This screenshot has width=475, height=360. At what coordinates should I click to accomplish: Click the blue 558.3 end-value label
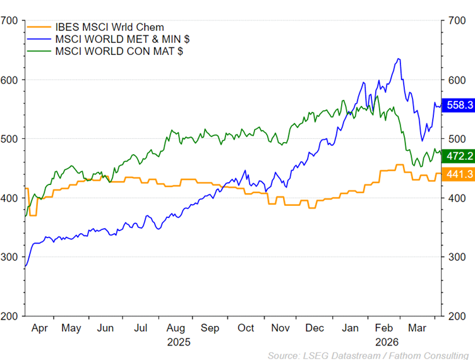459,105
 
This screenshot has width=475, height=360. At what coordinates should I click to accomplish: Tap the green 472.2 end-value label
459,156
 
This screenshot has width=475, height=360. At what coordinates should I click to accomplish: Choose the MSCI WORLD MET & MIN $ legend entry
122,39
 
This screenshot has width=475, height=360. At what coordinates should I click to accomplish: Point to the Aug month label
176,328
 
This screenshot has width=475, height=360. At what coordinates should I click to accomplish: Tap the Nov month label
280,328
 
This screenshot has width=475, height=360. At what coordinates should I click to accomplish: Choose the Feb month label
384,328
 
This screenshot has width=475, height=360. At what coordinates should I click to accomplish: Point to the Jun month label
105,328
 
